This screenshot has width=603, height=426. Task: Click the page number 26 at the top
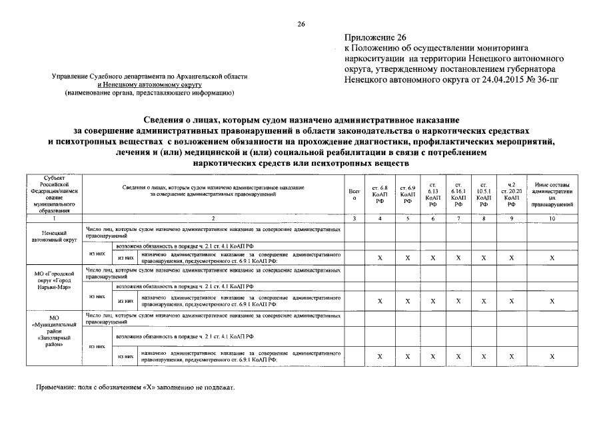(301, 25)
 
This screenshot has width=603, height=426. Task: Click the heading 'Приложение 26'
(376, 38)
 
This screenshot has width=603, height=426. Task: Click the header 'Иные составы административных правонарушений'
(552, 194)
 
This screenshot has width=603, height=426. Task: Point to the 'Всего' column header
(354, 194)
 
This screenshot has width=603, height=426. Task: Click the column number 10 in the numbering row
(552, 218)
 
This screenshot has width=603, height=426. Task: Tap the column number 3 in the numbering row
(354, 218)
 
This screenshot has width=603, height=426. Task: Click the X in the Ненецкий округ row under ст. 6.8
(379, 258)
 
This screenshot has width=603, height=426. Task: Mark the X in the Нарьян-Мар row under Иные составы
(552, 301)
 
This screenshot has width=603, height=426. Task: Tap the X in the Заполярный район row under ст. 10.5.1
(485, 356)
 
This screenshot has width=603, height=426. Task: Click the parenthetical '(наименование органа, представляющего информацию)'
(149, 93)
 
